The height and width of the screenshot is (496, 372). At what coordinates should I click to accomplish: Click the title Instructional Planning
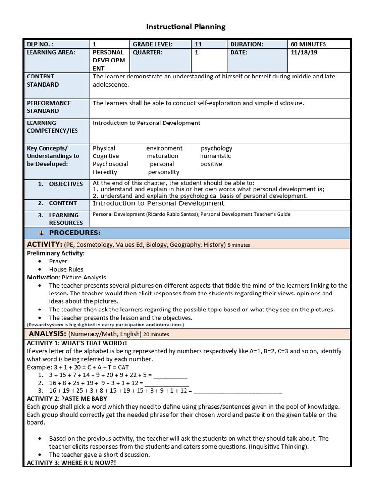click(186, 27)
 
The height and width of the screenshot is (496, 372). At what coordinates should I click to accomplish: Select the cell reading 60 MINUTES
click(308, 44)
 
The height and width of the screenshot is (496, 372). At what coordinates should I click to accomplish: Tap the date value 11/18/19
click(304, 52)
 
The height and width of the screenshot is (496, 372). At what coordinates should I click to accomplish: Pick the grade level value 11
click(198, 44)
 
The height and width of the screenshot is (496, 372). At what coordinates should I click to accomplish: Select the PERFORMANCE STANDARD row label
click(48, 107)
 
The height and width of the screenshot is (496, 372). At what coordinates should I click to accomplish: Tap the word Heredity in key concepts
click(105, 172)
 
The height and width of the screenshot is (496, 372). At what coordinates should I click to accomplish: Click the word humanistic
click(215, 156)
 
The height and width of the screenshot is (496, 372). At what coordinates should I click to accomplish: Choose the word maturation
click(163, 156)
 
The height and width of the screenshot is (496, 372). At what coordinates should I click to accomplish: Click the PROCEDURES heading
click(75, 233)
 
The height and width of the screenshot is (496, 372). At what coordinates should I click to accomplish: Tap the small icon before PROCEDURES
click(41, 233)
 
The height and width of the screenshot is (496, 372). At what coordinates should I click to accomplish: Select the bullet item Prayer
click(58, 261)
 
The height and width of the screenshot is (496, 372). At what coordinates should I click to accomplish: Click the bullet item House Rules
click(66, 269)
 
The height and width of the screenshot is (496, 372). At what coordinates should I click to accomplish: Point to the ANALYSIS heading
click(47, 334)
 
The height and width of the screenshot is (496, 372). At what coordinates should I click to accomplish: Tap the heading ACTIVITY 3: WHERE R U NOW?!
click(71, 463)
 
